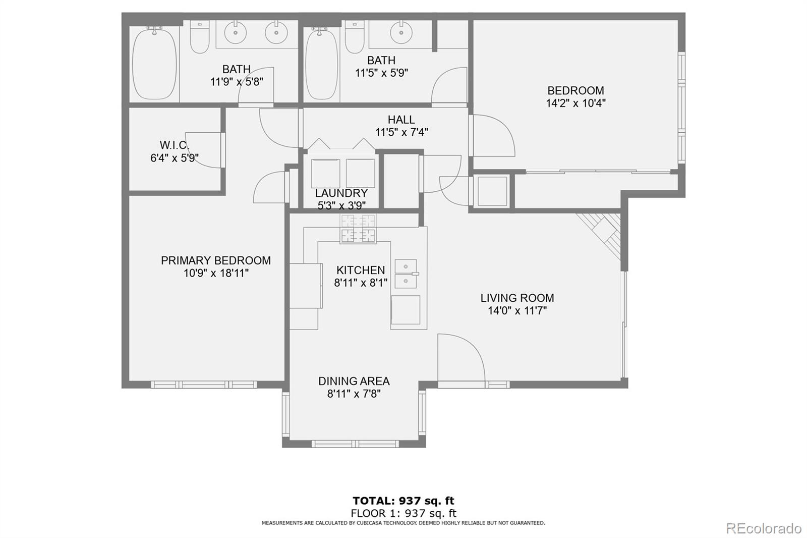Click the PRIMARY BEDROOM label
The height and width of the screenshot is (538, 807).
215,260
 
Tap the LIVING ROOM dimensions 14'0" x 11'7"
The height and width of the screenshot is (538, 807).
517,310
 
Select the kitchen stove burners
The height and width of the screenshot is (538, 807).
358,229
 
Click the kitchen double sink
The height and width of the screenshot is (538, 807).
406,274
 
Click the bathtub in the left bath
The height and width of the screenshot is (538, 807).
154,64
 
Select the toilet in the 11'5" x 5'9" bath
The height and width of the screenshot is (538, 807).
355,37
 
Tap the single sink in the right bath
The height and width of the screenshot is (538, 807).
401,33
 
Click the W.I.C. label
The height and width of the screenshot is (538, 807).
174,145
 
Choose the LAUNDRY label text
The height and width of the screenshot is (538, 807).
341,193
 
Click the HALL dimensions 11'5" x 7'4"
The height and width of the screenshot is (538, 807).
401,132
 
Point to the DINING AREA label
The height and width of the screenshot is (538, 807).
354,381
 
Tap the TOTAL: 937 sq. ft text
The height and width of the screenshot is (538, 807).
403,501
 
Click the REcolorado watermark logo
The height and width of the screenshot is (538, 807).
763,528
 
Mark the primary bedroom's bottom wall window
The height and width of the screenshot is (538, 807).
204,385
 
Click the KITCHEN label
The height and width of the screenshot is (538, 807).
360,270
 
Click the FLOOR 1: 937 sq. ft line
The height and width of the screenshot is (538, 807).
403,513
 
